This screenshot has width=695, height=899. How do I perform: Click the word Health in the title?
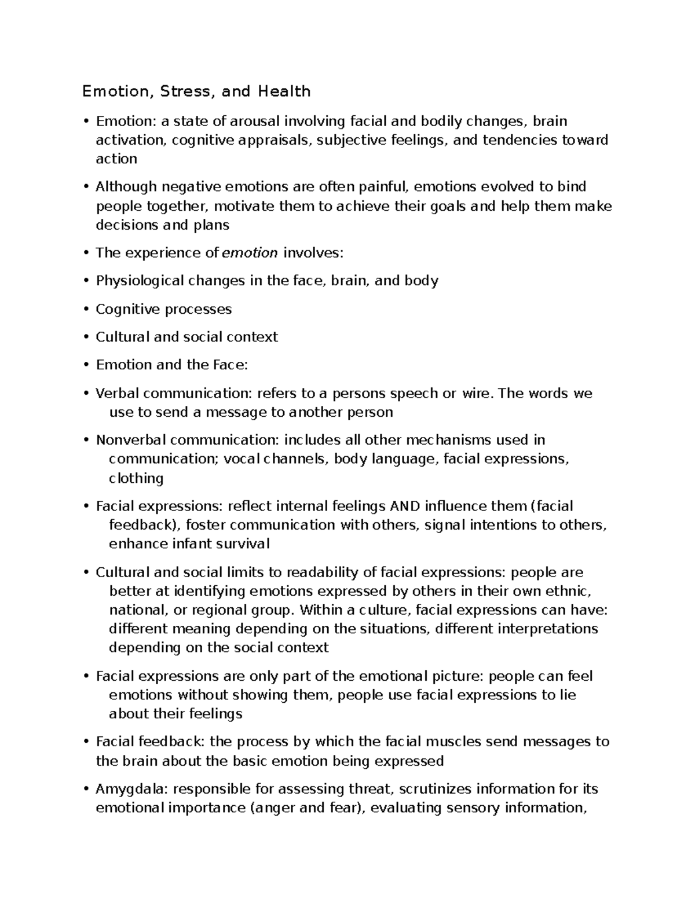[x=284, y=91]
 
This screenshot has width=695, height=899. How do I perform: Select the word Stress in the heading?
[x=185, y=91]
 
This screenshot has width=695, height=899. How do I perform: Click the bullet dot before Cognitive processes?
[x=86, y=309]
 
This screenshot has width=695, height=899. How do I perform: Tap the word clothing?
[x=136, y=478]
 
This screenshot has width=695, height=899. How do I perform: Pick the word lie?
[x=568, y=695]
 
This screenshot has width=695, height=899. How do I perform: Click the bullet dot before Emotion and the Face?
[x=86, y=365]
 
